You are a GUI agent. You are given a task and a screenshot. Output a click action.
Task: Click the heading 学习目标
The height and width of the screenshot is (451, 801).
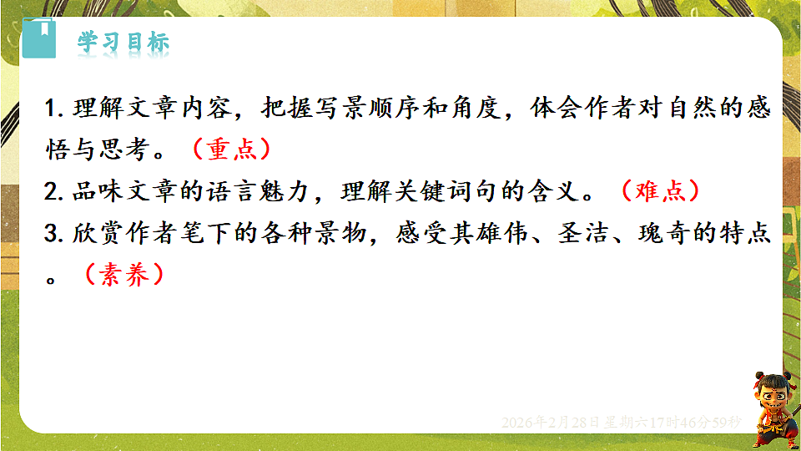[123, 42]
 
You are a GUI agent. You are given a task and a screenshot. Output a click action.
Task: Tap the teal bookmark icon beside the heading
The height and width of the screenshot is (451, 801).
[38, 38]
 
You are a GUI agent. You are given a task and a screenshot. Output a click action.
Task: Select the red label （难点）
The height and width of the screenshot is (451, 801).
[658, 190]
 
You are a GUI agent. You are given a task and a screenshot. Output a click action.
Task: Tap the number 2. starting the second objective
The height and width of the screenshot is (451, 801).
[57, 191]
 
